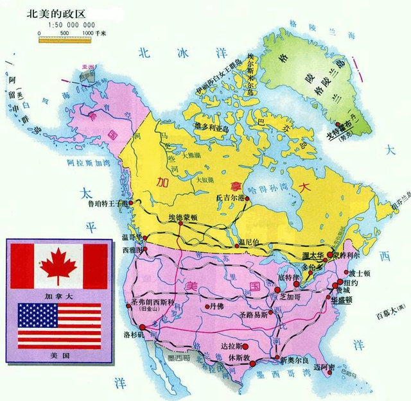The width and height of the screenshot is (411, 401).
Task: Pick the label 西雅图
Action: click(x=132, y=248)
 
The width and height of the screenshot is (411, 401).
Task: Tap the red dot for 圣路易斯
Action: click(x=270, y=312)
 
